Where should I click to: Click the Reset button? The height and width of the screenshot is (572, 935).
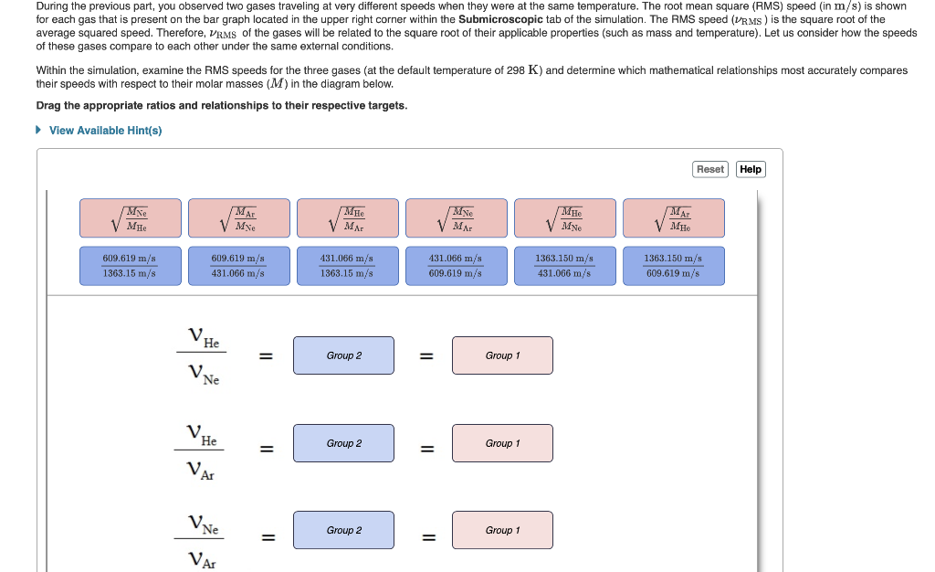coord(709,169)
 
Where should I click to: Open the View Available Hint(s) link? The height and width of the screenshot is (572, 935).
coord(105,131)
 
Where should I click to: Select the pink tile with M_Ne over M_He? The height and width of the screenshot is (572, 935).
coord(130,218)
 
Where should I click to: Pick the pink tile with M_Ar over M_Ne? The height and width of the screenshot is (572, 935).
coord(238,218)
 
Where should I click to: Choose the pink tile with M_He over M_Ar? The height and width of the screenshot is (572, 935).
coord(347,218)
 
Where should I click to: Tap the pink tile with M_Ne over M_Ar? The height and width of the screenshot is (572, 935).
coord(456,218)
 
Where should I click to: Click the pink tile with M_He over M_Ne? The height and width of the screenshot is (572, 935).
coord(564,218)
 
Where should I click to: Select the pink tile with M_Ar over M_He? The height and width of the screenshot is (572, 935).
coord(673,218)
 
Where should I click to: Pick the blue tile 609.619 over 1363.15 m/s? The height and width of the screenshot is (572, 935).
coord(130,266)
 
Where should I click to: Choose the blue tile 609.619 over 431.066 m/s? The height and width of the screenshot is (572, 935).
coord(238,266)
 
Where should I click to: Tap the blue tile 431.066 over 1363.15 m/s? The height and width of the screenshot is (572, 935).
coord(347,266)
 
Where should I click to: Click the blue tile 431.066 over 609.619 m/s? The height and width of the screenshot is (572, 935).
coord(456,266)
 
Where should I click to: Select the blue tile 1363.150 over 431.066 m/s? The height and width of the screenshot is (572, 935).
coord(564,266)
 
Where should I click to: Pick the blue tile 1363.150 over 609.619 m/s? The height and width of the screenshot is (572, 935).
coord(673,266)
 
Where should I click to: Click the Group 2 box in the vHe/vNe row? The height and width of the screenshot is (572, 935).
coord(343,355)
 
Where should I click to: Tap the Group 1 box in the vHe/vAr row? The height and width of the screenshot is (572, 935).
coord(502,443)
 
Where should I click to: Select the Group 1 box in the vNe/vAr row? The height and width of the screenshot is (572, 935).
coord(502,530)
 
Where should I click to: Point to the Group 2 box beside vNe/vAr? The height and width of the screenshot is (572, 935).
coord(343,530)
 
